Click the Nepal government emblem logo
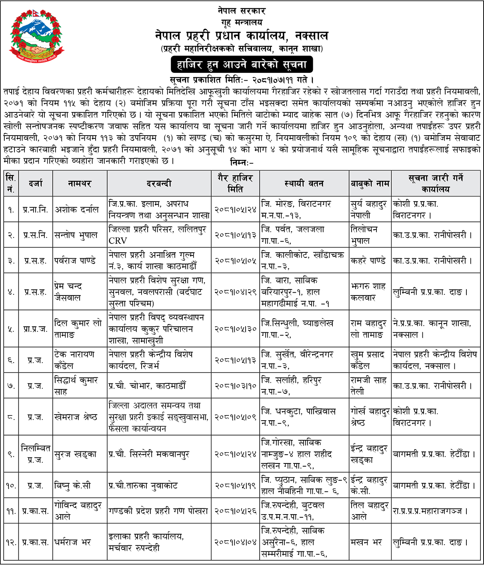(x=36, y=35)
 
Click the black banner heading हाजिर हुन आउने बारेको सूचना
(x=242, y=64)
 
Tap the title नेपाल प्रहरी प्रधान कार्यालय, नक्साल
(x=242, y=36)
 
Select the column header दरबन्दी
(x=159, y=184)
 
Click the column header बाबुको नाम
(x=370, y=184)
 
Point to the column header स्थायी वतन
(x=304, y=184)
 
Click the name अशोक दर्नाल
(x=76, y=210)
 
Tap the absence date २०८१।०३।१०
(x=235, y=386)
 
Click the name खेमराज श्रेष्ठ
(x=76, y=417)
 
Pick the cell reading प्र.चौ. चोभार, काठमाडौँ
(x=147, y=386)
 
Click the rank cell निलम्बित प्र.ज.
(x=36, y=454)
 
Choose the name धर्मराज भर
(x=73, y=543)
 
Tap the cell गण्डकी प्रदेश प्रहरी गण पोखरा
(x=158, y=511)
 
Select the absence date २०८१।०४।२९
(x=235, y=292)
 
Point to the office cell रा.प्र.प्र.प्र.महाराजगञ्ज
(x=430, y=511)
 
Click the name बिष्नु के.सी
(x=72, y=486)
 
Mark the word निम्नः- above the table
(x=242, y=162)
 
